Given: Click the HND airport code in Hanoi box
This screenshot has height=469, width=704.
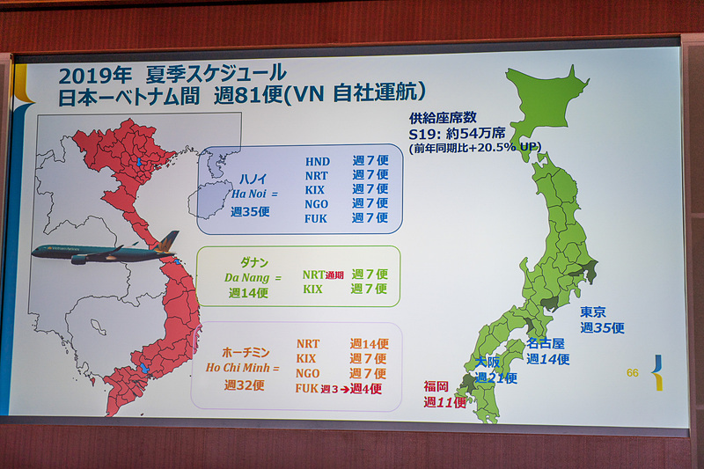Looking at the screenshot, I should pos(318,162).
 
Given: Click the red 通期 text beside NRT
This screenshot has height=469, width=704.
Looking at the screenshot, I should pos(335,275).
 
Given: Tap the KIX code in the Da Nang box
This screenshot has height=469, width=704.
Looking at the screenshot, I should pos(312,289).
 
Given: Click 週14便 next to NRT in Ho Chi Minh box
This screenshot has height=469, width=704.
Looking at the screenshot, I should pos(369,344).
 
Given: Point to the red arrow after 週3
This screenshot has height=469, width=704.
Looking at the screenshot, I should pos(344,388).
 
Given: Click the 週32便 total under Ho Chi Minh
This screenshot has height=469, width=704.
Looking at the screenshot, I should pos(243,385).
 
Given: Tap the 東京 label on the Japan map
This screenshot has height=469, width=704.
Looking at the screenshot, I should pos(592,312).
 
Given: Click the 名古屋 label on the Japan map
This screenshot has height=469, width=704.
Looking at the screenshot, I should pos(546,344).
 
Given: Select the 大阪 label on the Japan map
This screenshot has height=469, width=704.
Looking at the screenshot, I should pos(488,363).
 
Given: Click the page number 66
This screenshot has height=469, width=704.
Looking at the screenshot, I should pos(632,372).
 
